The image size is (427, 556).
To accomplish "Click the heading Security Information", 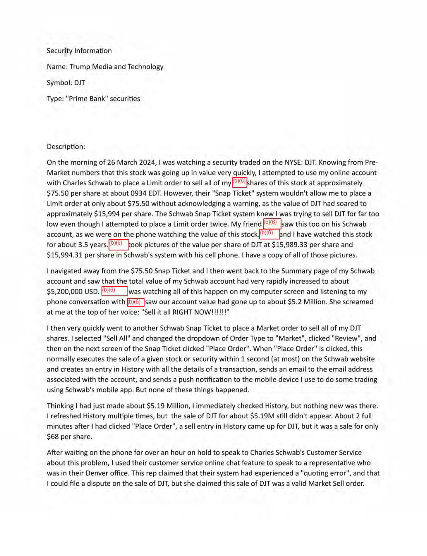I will click(79, 51).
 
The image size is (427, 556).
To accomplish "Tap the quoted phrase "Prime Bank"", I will click(86, 99).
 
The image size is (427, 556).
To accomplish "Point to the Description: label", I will click(66, 147).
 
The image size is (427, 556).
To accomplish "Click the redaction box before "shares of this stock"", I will click(239, 182).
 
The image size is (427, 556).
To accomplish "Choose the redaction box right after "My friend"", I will click(272, 224).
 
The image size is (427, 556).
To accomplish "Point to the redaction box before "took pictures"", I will click(118, 244).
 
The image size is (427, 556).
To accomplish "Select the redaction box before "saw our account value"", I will click(135, 302).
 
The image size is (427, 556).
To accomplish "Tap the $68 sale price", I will click(53, 437).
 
